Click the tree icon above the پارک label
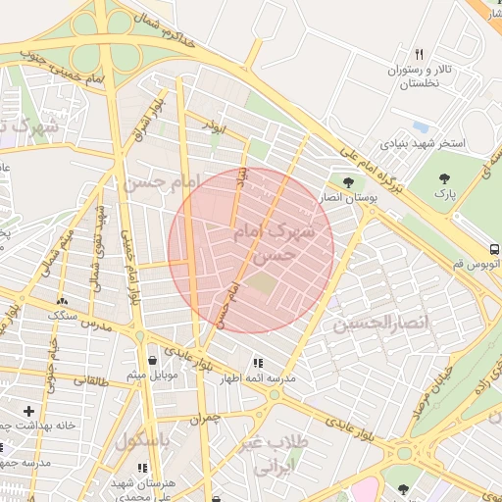[446, 178]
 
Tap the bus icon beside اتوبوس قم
[495, 248]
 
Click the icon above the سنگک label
[64, 301]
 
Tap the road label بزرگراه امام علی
[359, 163]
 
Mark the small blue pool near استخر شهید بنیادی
[421, 126]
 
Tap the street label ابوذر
[214, 126]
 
